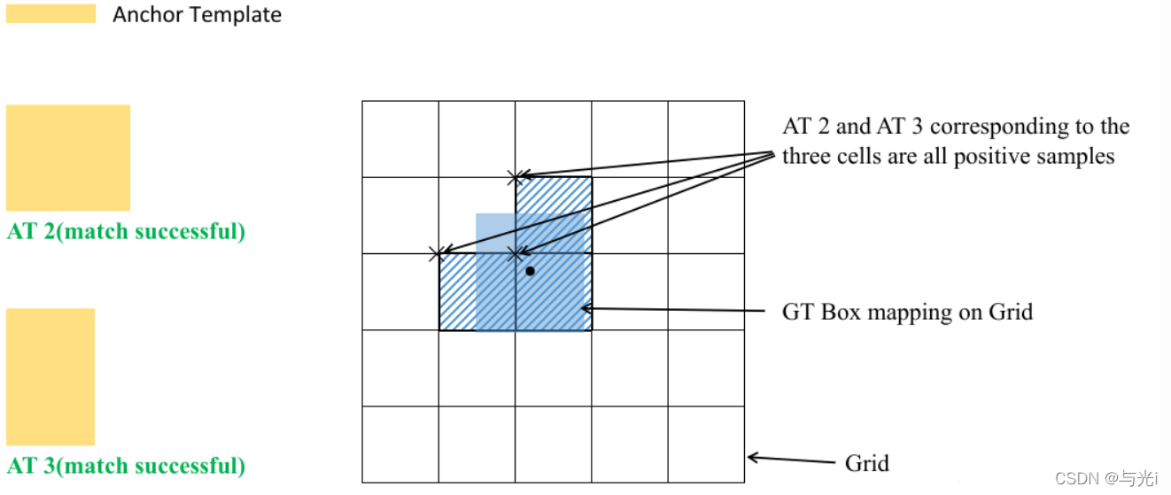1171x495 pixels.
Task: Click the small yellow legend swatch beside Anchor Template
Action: click(50, 13)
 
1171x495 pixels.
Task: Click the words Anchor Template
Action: click(197, 15)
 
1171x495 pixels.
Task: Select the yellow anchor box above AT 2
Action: click(68, 158)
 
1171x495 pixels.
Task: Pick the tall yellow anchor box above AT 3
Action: click(50, 376)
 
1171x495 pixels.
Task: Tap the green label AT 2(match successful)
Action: click(126, 232)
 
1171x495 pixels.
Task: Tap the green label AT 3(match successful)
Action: click(126, 466)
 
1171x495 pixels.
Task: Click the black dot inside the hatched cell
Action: click(530, 270)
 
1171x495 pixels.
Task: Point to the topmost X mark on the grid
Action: click(516, 178)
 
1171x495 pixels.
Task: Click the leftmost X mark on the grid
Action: click(436, 254)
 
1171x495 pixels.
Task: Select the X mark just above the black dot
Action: click(516, 254)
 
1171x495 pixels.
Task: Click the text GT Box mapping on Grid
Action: click(907, 312)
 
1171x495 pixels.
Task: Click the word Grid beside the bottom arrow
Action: click(866, 463)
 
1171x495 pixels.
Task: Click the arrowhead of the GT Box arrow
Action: click(585, 308)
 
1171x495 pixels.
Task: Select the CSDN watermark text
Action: click(1106, 478)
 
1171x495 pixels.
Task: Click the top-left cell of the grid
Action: click(400, 139)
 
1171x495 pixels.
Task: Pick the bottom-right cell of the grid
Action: click(706, 444)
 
